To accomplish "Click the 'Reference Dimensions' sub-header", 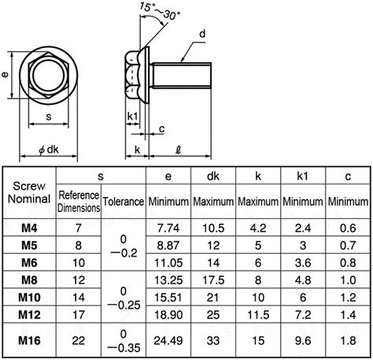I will tap(79, 201).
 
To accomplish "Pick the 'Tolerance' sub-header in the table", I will tap(124, 202).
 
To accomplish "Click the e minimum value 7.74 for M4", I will tap(169, 227).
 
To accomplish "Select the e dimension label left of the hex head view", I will tap(6, 77).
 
